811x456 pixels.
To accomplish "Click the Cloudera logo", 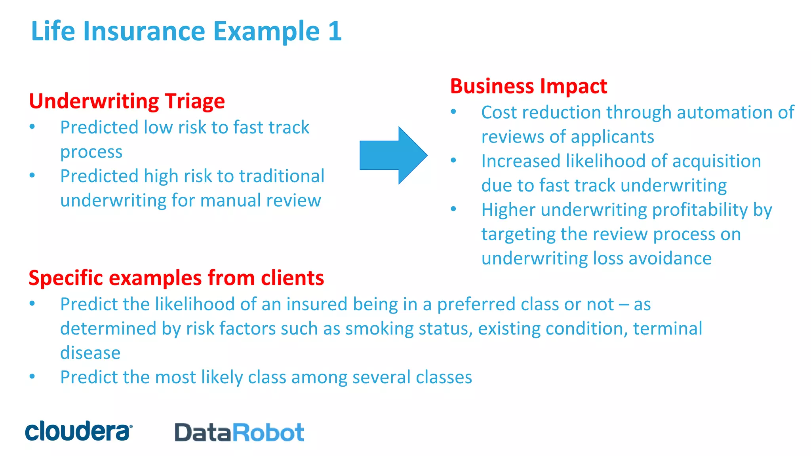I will (78, 431).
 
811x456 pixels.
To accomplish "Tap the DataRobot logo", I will (239, 432).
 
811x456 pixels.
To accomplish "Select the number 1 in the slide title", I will (335, 31).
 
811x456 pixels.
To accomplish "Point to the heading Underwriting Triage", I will (127, 101).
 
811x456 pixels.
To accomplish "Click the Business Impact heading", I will (528, 86).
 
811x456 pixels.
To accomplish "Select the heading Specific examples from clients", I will (176, 278).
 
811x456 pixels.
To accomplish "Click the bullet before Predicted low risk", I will (32, 127).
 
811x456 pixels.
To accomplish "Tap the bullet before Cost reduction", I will (453, 112).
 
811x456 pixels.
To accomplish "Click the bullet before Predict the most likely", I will (32, 376).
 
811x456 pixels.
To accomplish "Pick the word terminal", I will (667, 329).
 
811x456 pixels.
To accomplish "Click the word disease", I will (90, 353).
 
